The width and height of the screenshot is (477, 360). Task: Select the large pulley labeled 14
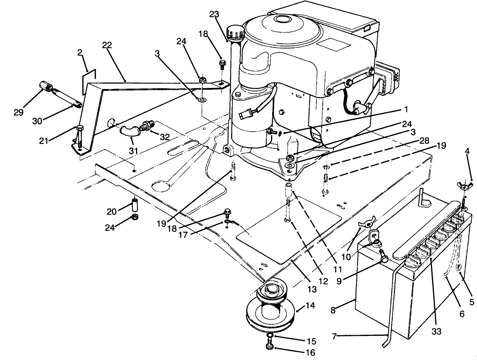[x=270, y=308]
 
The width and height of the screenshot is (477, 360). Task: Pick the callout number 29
[x=18, y=112]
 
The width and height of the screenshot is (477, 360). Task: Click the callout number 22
[x=107, y=45]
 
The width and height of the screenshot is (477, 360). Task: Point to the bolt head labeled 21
[x=80, y=128]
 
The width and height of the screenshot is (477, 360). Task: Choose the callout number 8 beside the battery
[x=333, y=310]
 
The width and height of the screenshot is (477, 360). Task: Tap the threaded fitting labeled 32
[x=148, y=126]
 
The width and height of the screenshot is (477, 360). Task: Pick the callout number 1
[x=406, y=108]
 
